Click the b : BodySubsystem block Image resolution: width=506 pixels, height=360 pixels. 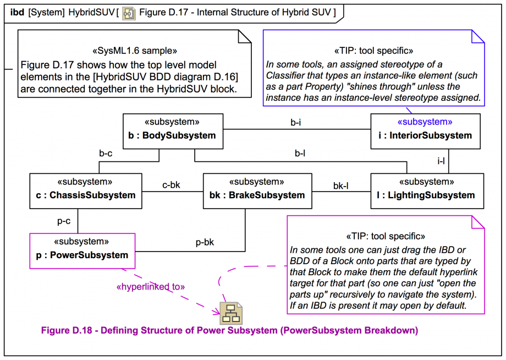(x=173, y=131)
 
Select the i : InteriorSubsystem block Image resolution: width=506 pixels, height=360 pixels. (x=425, y=131)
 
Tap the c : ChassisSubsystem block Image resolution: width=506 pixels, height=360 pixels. (x=85, y=190)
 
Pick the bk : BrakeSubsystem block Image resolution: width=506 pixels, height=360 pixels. (x=257, y=190)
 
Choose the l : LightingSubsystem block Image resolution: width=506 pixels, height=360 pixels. (x=427, y=190)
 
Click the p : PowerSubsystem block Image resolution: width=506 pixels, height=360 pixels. (x=81, y=250)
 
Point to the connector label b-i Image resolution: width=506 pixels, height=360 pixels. (x=296, y=123)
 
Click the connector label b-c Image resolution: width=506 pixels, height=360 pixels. (x=106, y=154)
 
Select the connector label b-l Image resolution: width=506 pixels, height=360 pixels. (x=300, y=154)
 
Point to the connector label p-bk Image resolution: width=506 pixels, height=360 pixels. (x=205, y=242)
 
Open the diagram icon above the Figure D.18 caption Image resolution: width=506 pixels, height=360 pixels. (x=231, y=313)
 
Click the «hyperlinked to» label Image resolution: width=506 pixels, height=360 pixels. (x=151, y=287)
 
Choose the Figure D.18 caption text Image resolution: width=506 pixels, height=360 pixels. (x=229, y=331)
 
